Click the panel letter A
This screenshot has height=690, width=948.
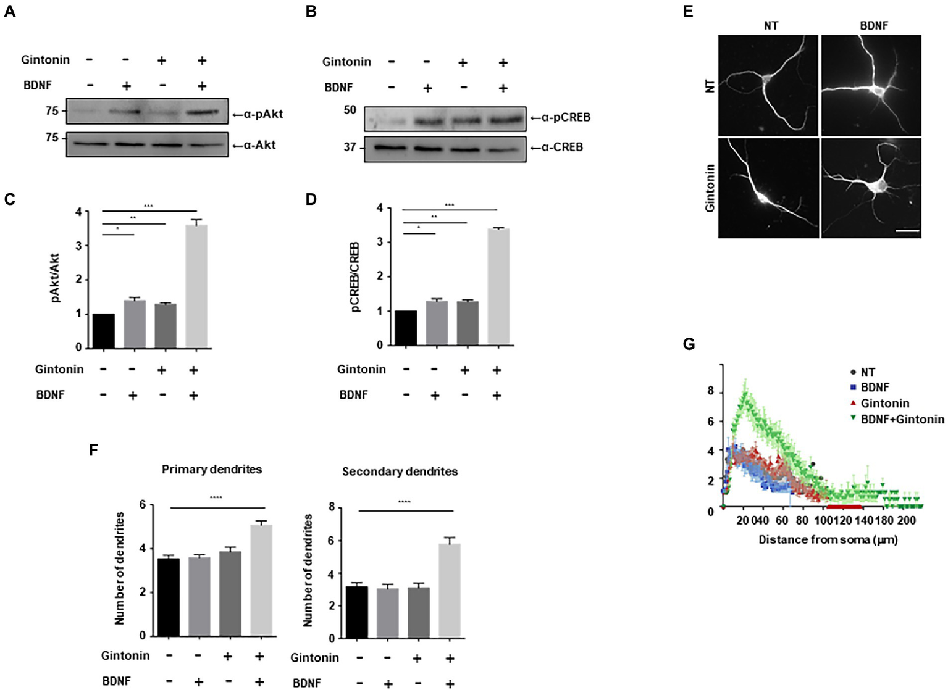pos(9,11)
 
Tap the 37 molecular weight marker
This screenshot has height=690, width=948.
pos(350,147)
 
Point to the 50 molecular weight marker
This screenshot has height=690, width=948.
pos(350,110)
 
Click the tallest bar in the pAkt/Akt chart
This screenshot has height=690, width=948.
pos(196,286)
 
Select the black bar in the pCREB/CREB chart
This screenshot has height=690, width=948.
pos(406,328)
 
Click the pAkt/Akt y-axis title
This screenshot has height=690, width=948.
pos(55,278)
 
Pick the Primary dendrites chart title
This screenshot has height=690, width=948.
pos(212,469)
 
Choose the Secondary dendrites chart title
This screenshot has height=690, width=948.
pos(400,472)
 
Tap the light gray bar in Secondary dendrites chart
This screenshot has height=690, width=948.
pos(449,591)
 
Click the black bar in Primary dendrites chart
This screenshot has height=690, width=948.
pos(169,597)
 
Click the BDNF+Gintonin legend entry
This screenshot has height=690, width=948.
pos(902,420)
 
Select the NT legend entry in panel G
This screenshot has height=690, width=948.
pos(867,372)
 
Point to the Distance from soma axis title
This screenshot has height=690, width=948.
pos(828,539)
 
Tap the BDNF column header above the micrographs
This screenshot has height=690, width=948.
pos(873,26)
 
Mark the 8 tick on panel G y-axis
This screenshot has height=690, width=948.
pos(710,391)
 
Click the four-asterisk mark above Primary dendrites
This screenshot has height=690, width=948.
pos(216,497)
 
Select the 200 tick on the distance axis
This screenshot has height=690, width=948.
pos(906,521)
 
